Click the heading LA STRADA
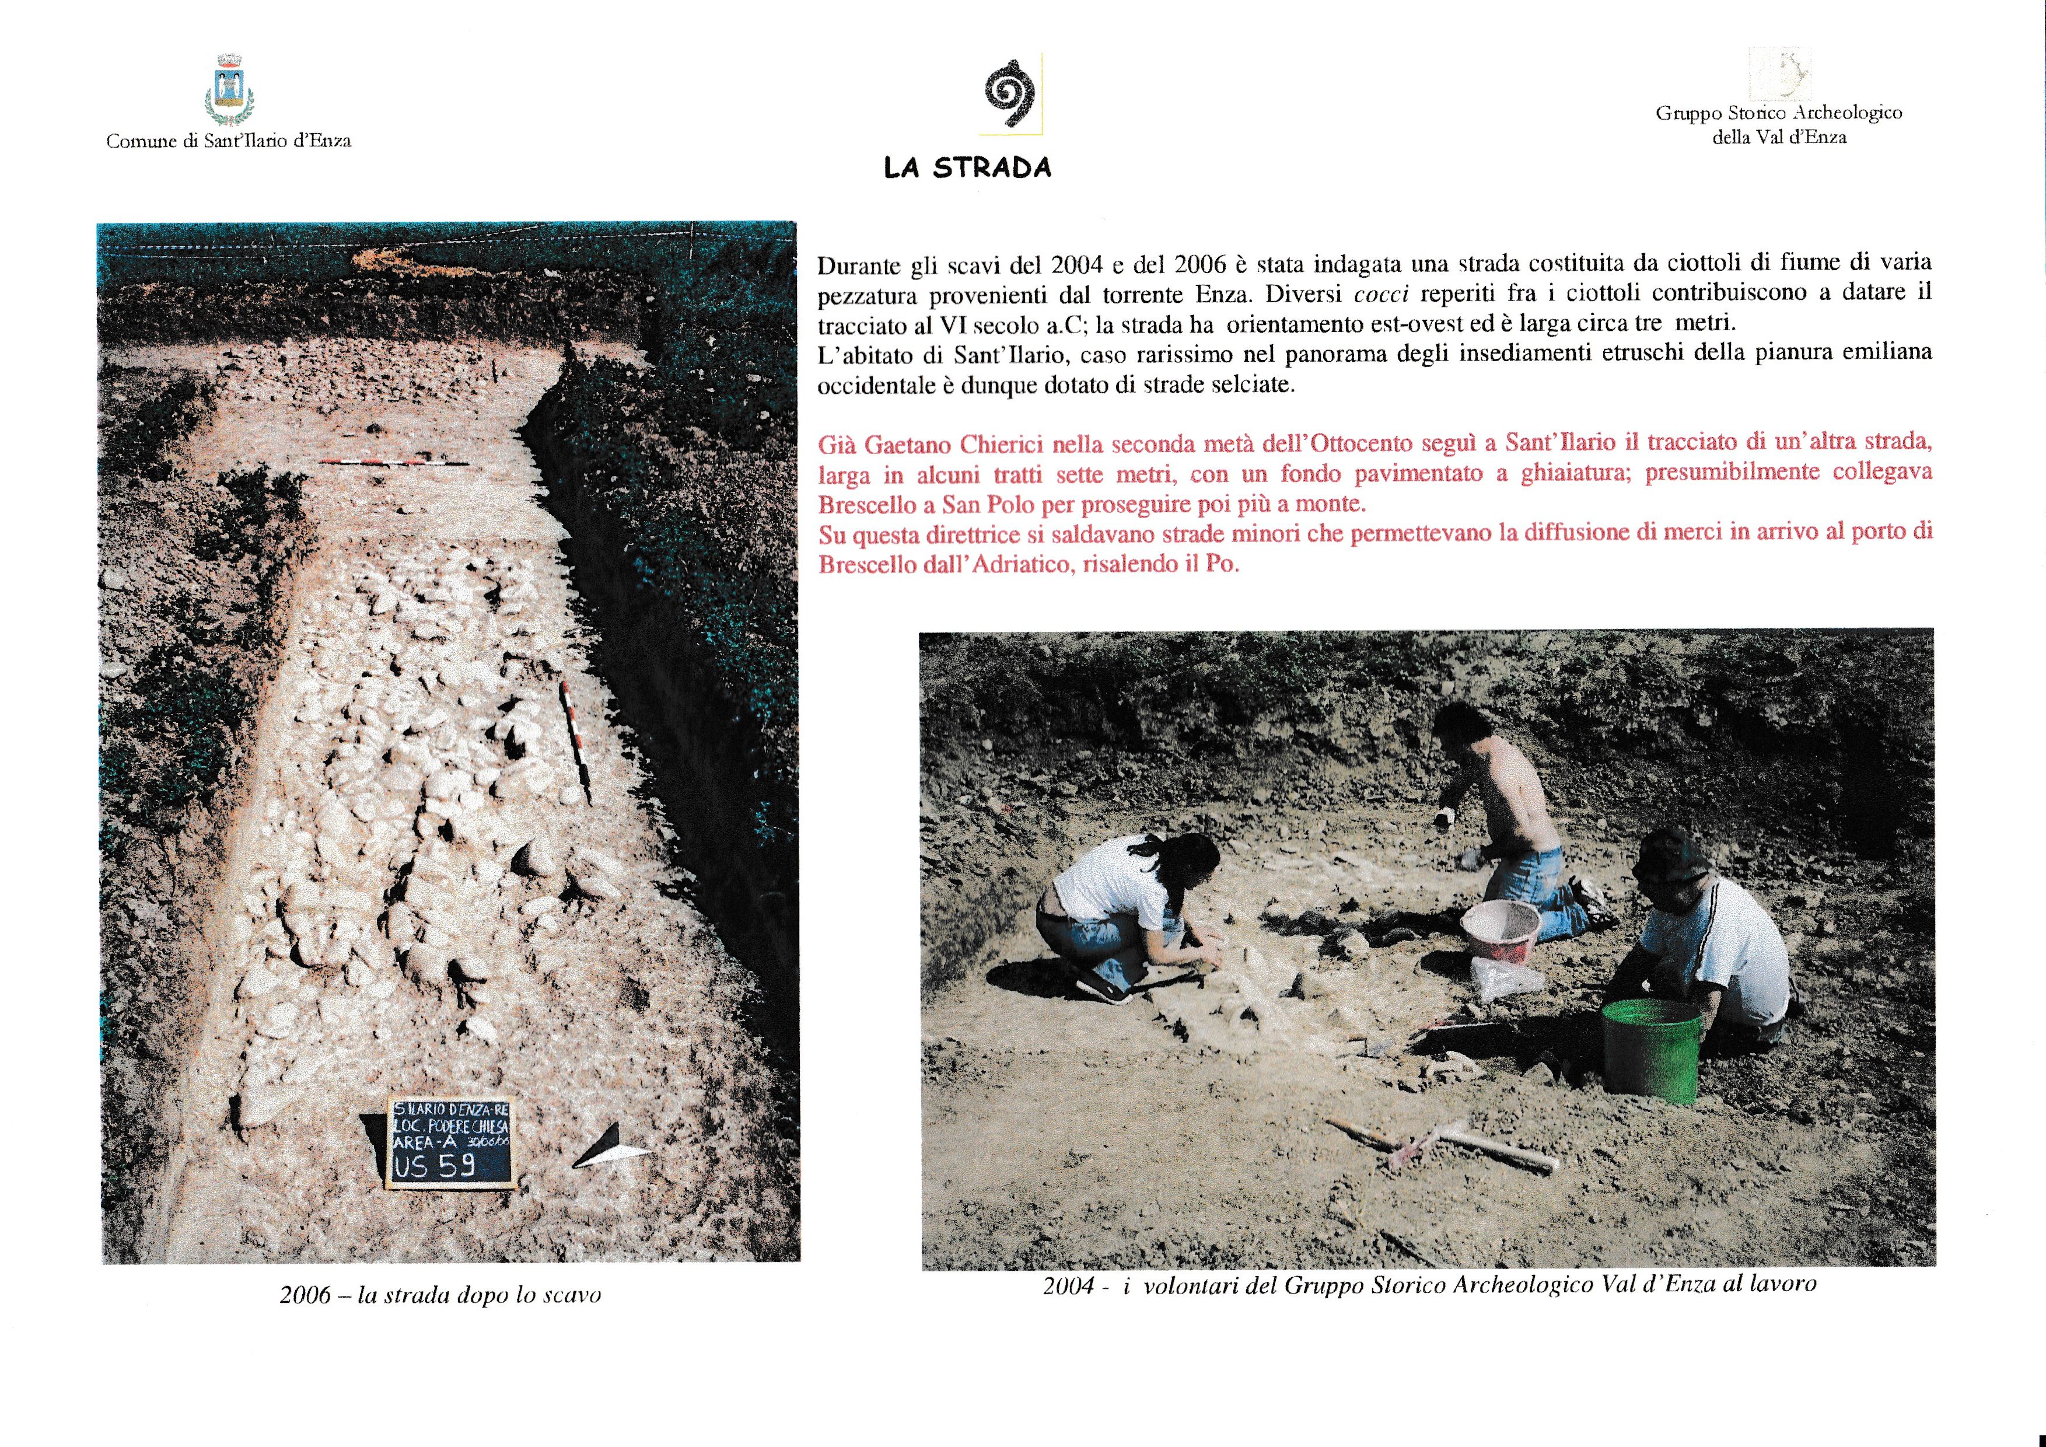[967, 167]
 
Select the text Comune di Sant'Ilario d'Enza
[228, 141]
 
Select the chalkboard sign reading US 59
[451, 1142]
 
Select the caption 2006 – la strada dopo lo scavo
[440, 1295]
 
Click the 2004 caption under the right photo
[1428, 1284]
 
